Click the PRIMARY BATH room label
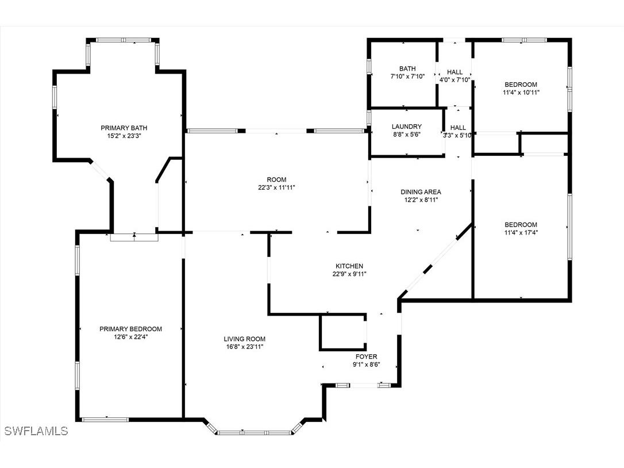(120, 128)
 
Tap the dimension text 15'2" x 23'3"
(120, 136)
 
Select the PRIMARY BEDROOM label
(130, 329)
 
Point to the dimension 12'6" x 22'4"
(130, 337)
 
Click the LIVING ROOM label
(245, 339)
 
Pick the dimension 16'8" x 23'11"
(245, 347)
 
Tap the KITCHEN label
(349, 266)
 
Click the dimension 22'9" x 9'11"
(349, 274)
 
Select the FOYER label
(366, 356)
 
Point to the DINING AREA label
(421, 192)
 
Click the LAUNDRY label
(407, 126)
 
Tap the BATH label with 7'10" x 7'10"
(407, 68)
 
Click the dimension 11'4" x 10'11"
(521, 92)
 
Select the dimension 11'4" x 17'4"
(521, 233)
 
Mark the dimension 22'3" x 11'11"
(276, 187)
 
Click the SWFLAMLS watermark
(35, 431)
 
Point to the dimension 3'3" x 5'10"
(458, 136)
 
